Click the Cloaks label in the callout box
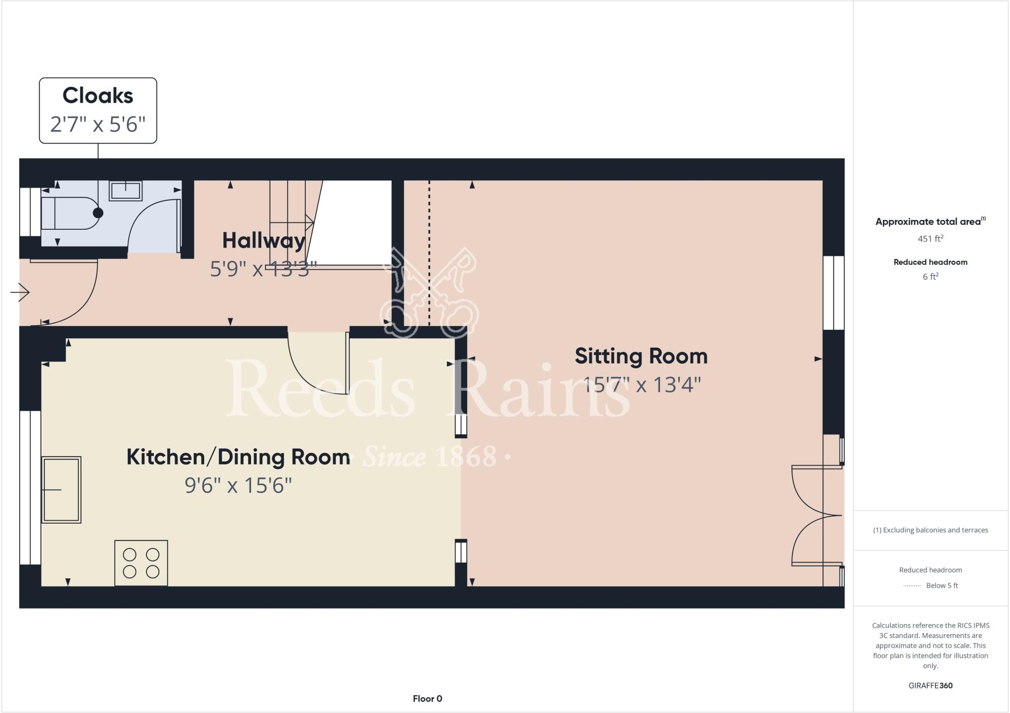point(98,96)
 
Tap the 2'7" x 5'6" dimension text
point(98,124)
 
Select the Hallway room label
point(263,241)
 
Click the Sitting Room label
point(641,356)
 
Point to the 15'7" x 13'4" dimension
point(641,385)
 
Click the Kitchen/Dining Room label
point(238,457)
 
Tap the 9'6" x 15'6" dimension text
point(238,486)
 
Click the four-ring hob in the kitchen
point(141,563)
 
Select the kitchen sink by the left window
point(61,490)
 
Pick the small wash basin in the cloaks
point(125,191)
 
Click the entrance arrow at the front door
point(20,292)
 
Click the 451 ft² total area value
point(930,239)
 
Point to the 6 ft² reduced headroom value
point(930,277)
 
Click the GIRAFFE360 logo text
point(930,685)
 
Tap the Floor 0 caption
point(427,699)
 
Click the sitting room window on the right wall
point(833,292)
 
